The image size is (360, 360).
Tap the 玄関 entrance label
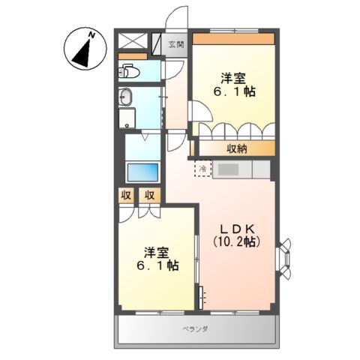[175, 43]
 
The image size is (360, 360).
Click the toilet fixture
[129, 73]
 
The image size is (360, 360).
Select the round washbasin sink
[126, 97]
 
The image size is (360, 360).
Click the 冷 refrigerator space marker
[202, 169]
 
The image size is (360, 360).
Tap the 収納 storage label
[236, 148]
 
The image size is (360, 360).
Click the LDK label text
[236, 227]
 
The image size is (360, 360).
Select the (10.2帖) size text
[236, 242]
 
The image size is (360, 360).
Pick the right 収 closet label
[150, 196]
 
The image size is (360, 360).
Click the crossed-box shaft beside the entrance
[133, 42]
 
